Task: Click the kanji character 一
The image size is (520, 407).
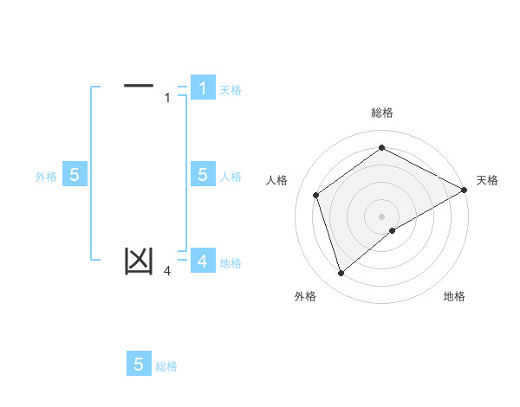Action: click(139, 85)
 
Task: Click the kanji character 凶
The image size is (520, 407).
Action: click(139, 261)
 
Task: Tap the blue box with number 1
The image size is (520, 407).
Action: click(202, 87)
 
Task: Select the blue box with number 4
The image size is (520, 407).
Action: click(202, 261)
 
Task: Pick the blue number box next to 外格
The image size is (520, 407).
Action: click(74, 175)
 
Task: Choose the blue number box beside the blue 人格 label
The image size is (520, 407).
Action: click(202, 175)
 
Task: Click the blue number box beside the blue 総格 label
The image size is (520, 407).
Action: click(139, 365)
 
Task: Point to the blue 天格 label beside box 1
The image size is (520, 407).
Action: click(231, 89)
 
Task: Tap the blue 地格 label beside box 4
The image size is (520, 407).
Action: click(231, 262)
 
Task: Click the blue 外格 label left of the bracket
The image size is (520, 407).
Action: click(46, 176)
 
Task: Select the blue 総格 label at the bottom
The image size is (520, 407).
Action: click(166, 366)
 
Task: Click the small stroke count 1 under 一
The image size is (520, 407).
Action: click(167, 98)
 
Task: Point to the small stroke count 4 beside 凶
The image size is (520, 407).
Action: click(167, 271)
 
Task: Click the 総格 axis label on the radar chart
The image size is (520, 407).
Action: click(381, 113)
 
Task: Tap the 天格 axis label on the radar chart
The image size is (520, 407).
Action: click(487, 180)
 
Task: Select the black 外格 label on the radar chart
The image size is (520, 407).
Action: click(304, 296)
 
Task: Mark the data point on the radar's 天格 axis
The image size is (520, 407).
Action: click(465, 189)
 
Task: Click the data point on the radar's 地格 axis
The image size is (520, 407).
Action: click(393, 230)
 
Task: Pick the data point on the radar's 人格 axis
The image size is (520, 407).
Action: click(316, 195)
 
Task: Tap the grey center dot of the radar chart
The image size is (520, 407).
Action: click(381, 216)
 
